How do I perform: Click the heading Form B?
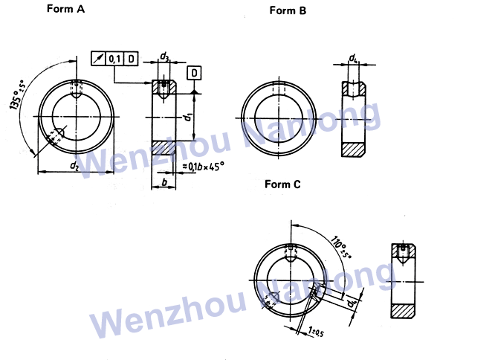[x=288, y=10]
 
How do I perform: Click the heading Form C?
[x=283, y=184]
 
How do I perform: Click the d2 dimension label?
[x=74, y=167]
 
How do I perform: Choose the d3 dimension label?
[x=164, y=57]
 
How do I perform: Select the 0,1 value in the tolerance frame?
[x=115, y=58]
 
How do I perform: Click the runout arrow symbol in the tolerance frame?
[x=99, y=58]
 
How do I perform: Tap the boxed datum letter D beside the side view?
[x=193, y=73]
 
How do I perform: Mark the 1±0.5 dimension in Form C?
[x=316, y=330]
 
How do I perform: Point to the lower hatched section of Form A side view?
[x=164, y=149]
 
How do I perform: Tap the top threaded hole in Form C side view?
[x=402, y=253]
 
